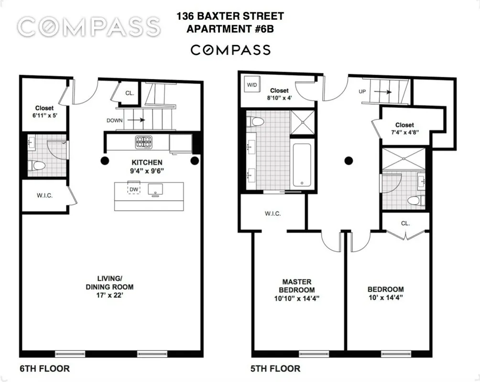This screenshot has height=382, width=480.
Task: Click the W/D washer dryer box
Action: coord(251,85)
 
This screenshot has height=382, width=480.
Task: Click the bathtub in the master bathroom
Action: coord(302,165)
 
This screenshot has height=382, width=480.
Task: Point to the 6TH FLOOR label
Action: coord(44,369)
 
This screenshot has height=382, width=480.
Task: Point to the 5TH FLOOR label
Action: coord(276,369)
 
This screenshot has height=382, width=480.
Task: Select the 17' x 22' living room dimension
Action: coord(109,296)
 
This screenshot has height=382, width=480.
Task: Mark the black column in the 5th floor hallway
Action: coord(349,161)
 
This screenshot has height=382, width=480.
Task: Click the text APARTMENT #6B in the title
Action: coord(230,28)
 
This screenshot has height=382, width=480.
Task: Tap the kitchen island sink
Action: coord(155,190)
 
